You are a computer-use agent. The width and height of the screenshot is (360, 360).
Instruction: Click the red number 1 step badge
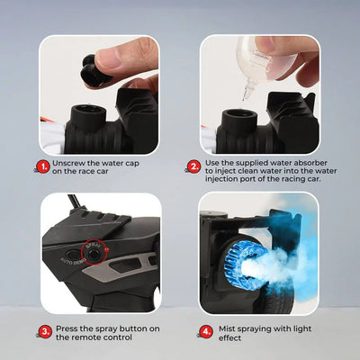coord(44,166)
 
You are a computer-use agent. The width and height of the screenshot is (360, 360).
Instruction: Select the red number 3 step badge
coord(46,332)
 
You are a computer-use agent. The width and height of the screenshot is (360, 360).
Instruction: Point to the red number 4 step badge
coord(206,332)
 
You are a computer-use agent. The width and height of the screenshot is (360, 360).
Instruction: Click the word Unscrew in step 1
coord(68,164)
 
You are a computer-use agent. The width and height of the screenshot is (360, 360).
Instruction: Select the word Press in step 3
coord(67,328)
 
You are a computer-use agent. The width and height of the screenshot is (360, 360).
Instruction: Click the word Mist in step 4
coord(227,328)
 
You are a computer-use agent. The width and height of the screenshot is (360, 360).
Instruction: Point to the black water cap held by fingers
coord(94,70)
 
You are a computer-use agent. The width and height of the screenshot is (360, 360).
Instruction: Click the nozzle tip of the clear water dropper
coord(247,96)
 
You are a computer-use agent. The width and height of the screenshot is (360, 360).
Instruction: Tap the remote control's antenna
coord(74,202)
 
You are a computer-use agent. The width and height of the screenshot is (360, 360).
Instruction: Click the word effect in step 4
coord(229,338)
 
